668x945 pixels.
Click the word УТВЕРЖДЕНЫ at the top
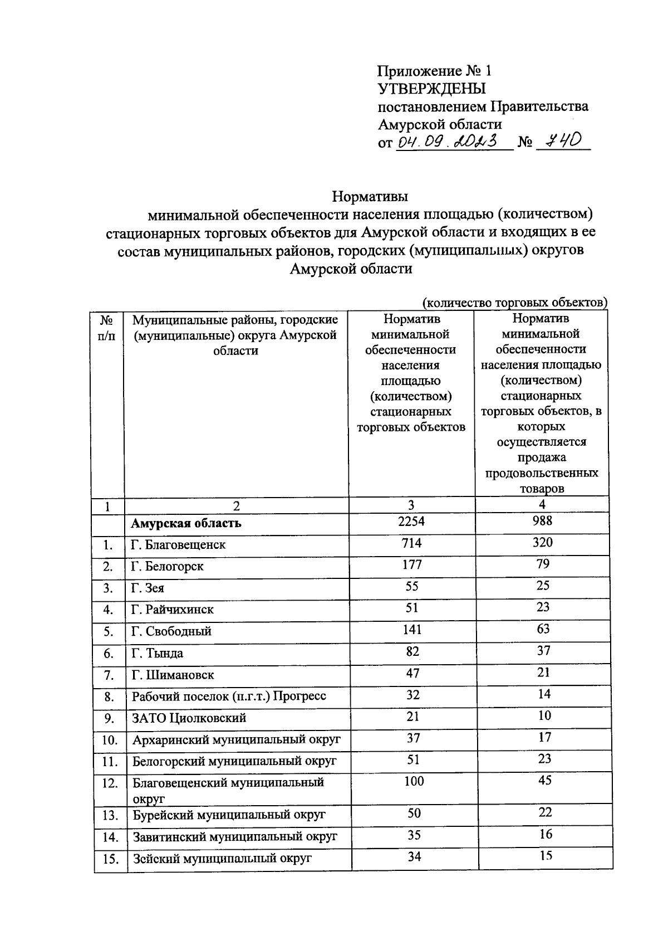(431, 89)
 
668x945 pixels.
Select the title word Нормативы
(370, 197)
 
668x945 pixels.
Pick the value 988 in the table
(542, 520)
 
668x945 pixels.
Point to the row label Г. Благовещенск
(178, 544)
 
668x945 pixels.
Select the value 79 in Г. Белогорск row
(542, 564)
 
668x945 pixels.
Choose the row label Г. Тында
(157, 653)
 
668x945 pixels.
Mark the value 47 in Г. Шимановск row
(412, 673)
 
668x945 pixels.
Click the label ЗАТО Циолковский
(189, 718)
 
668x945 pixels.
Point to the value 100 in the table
(414, 781)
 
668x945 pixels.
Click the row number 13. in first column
(110, 816)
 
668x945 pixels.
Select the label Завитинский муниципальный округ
(234, 837)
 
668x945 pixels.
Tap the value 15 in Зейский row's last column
(546, 856)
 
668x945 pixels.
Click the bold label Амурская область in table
(186, 523)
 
